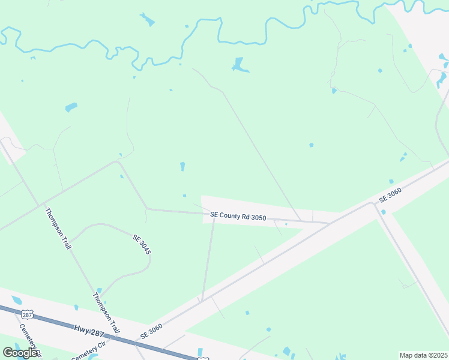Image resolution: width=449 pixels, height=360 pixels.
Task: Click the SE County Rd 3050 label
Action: (x=238, y=215)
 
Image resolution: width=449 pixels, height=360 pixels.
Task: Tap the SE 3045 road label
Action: (x=141, y=245)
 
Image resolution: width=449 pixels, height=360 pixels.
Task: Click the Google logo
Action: (x=20, y=353)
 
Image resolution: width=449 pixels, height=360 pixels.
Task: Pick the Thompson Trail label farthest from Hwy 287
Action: (x=58, y=229)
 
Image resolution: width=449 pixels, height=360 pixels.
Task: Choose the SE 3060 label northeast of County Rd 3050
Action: (x=390, y=194)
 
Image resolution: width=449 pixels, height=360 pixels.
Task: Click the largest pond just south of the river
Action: (x=240, y=65)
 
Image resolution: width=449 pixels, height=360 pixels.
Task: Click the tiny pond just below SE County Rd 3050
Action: (x=286, y=224)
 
